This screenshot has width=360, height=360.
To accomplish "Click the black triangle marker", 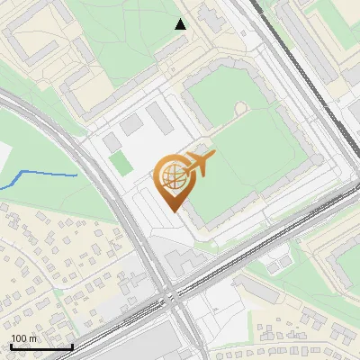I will coord(181,24).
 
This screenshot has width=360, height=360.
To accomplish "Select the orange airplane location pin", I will coord(175,180).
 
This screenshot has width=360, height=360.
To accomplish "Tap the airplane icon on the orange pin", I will coord(198,164).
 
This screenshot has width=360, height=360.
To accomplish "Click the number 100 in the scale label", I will coord(18,338).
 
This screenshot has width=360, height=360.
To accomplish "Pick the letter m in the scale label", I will coord(32,338).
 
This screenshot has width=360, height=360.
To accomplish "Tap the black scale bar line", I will coord(40,346).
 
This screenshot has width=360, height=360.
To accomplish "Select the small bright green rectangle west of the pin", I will coord(119,164).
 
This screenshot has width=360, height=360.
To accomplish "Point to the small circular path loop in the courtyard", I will coord(239,108).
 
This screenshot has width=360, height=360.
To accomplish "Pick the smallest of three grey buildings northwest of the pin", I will coord(111,143).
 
